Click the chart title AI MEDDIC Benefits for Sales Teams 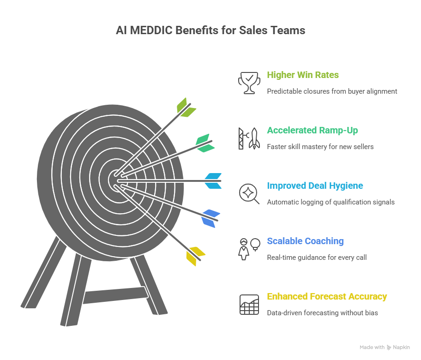(210, 30)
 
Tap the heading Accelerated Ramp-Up (312, 130)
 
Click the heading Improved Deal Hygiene (315, 186)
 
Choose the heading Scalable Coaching (305, 241)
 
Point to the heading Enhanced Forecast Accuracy (327, 296)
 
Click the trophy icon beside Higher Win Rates (249, 83)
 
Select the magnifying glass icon (249, 193)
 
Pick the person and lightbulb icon (249, 249)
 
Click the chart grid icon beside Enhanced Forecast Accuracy (249, 304)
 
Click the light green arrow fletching (186, 108)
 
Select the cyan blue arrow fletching (213, 180)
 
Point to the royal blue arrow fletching (210, 218)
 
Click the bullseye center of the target (115, 180)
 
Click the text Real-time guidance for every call (317, 257)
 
